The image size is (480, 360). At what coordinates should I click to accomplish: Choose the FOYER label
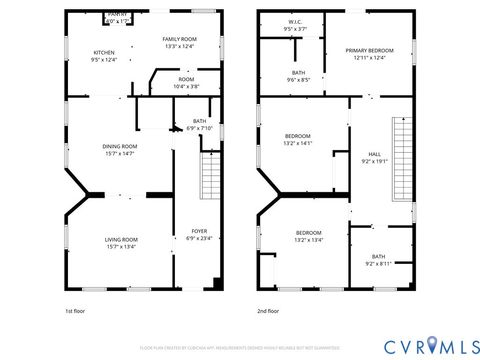[x=199, y=235]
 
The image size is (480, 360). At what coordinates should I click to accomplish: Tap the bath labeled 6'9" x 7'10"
[x=200, y=124]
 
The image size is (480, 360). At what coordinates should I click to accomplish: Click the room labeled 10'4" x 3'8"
[x=186, y=83]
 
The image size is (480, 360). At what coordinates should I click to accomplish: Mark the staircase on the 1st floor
[x=211, y=177]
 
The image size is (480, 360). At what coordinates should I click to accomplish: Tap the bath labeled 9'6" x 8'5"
[x=298, y=76]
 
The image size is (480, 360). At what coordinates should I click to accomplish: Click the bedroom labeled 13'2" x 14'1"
[x=298, y=140]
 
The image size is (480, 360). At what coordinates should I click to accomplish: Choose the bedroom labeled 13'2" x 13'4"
[x=307, y=236]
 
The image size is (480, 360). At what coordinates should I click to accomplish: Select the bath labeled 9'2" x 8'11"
[x=378, y=260]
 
